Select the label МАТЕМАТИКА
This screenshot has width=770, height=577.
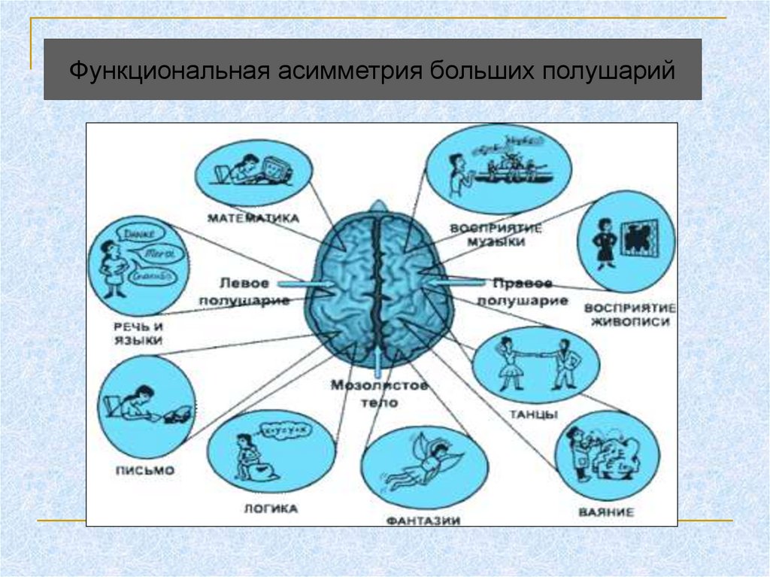253,218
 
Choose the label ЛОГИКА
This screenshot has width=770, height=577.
271,509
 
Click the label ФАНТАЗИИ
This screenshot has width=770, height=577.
423,520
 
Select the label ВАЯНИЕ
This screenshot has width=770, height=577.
606,512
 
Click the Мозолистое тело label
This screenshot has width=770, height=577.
380,394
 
